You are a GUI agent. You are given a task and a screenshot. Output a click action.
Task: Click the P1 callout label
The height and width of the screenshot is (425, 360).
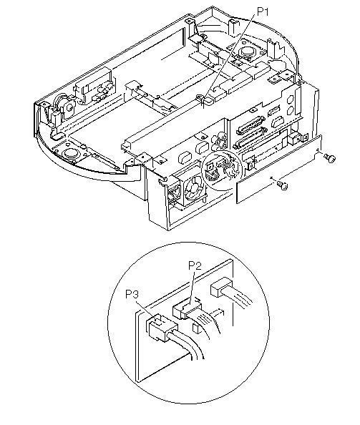click(263, 11)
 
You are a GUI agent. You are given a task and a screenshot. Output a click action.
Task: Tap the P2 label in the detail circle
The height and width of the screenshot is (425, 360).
click(195, 266)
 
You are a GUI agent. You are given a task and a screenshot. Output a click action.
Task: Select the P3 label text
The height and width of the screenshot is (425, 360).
click(132, 294)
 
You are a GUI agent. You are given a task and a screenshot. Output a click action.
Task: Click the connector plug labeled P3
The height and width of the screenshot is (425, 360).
click(159, 327)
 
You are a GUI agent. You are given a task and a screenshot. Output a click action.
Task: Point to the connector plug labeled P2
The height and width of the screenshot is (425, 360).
click(187, 310)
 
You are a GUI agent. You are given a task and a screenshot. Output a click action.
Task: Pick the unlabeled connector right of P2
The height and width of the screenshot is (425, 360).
click(221, 286)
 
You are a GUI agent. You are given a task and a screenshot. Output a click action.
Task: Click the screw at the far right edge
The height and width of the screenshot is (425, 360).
click(330, 157)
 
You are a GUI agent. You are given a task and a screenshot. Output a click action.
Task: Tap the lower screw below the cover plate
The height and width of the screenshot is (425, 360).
click(283, 185)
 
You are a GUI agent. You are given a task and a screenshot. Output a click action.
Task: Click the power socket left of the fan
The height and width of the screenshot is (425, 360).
click(172, 193)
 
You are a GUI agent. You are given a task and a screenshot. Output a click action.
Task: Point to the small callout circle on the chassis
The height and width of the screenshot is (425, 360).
click(221, 170)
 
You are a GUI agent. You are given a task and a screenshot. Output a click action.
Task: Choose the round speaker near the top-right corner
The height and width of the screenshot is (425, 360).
click(247, 51)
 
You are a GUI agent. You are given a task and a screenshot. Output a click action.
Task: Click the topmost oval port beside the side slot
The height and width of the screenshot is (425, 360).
click(290, 99)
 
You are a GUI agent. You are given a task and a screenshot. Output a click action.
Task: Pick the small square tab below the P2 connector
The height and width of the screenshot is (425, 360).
click(195, 328)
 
